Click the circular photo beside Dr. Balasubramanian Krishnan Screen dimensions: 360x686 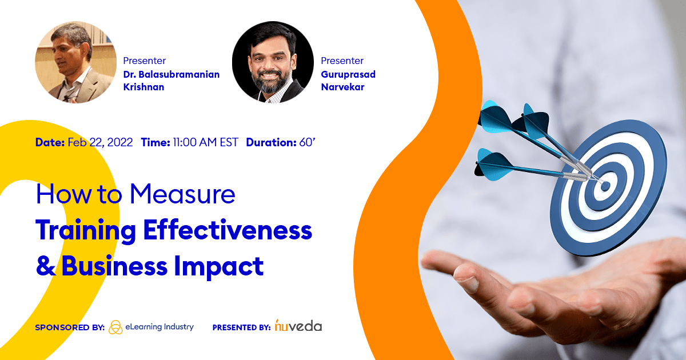pyautogui.click(x=76, y=62)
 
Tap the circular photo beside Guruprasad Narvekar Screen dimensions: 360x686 pyautogui.click(x=273, y=62)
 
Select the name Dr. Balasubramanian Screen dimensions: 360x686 pyautogui.click(x=171, y=74)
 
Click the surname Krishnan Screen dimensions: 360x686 pyautogui.click(x=144, y=87)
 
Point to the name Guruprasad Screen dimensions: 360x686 pyautogui.click(x=348, y=74)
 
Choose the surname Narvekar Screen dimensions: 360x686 pyautogui.click(x=342, y=87)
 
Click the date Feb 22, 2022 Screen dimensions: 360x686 pyautogui.click(x=100, y=142)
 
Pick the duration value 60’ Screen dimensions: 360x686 pyautogui.click(x=308, y=142)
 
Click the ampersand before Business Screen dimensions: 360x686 pyautogui.click(x=45, y=266)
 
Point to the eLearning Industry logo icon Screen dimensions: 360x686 pyautogui.click(x=115, y=327)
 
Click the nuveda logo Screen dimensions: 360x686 pyautogui.click(x=298, y=326)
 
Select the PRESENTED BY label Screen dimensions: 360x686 pyautogui.click(x=241, y=328)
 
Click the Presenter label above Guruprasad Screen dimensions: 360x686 pyautogui.click(x=342, y=61)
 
